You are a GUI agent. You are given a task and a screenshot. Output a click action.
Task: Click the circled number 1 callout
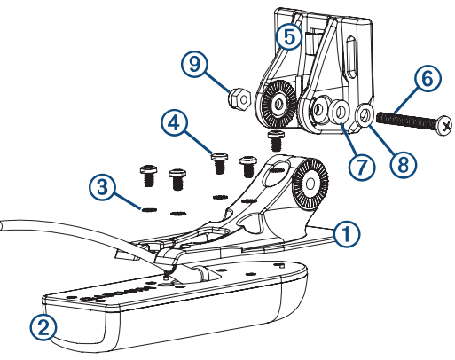(x=347, y=234)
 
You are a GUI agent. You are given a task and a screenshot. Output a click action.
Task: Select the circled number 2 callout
(x=43, y=327)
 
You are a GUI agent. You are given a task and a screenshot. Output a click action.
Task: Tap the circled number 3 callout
(x=102, y=187)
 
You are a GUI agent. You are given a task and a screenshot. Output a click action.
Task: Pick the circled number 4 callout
(x=175, y=122)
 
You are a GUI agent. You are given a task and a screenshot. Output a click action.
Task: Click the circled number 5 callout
(x=289, y=36)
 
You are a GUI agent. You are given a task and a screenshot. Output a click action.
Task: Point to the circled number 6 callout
(x=427, y=78)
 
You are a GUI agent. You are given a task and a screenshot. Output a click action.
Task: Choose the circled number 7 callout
(x=361, y=167)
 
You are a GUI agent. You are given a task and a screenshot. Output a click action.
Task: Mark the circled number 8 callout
(x=404, y=164)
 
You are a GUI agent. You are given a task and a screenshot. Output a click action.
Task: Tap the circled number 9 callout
(x=194, y=64)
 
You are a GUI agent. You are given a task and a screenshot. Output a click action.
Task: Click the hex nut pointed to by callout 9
(x=239, y=99)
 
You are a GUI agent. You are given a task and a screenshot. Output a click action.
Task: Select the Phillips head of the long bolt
(x=444, y=126)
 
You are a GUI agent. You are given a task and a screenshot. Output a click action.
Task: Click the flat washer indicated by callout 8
(x=366, y=114)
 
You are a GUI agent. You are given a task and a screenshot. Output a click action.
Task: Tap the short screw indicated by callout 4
(x=219, y=162)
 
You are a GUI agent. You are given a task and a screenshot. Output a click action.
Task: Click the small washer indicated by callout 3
(x=149, y=209)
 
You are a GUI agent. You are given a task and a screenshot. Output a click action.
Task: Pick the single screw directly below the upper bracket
(x=276, y=140)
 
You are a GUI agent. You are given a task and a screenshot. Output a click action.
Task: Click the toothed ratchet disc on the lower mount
(x=310, y=184)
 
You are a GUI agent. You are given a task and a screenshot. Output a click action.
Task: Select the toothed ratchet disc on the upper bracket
(x=278, y=104)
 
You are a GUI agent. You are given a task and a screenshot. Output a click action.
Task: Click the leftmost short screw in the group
(x=148, y=176)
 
